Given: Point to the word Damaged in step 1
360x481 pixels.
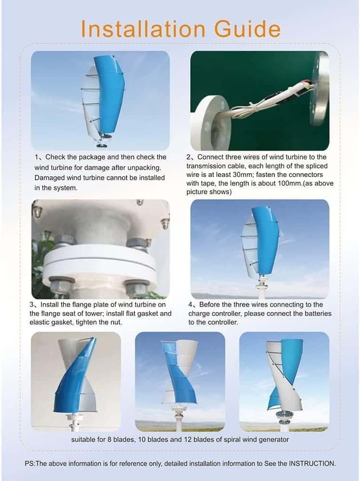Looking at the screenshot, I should coord(50,177).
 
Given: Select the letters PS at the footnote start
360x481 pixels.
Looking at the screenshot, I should coord(29,463).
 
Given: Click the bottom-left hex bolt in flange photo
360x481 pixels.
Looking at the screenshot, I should coord(62,286).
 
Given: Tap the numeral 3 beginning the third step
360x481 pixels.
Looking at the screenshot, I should coord(32,304).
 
